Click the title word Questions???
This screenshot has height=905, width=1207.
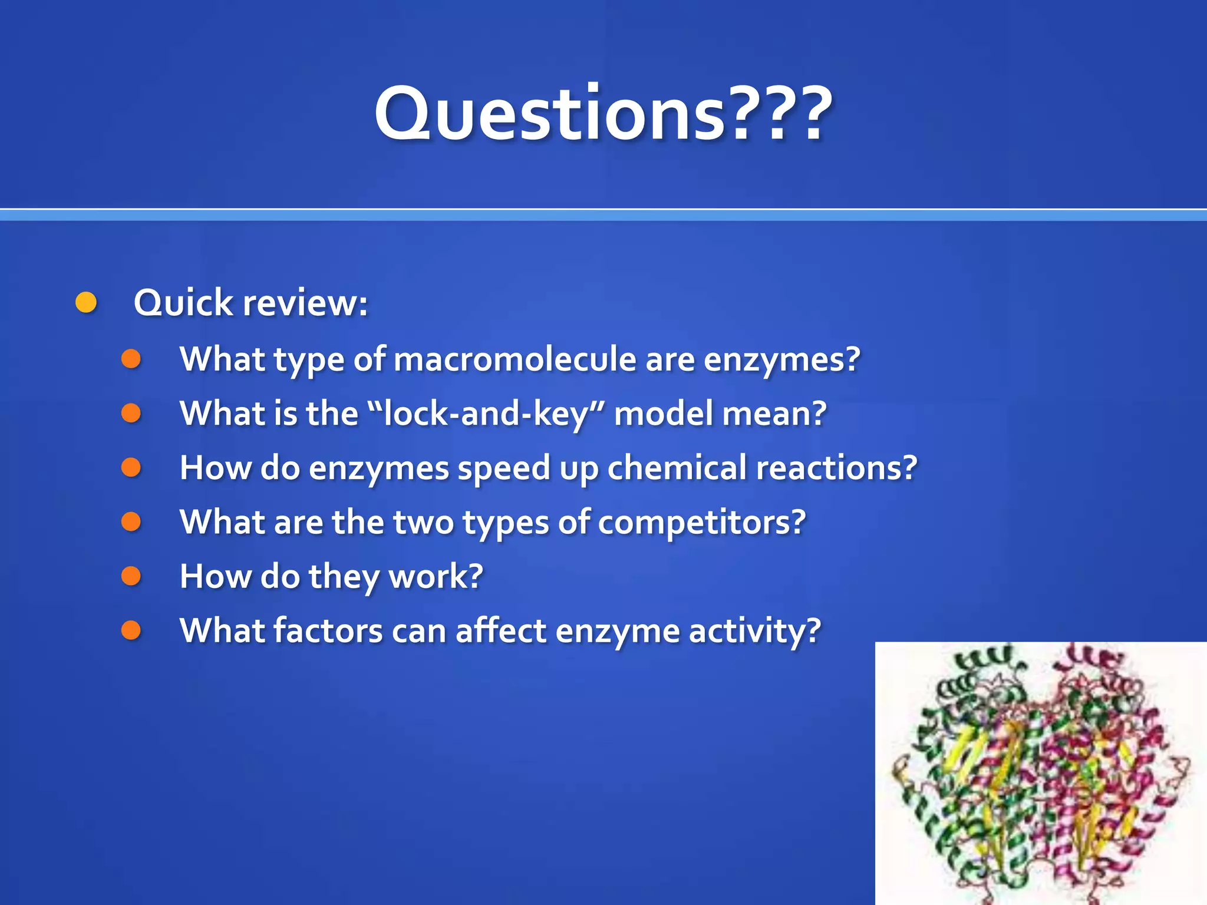603,113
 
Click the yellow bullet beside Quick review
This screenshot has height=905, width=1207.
86,302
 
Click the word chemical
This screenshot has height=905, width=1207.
677,468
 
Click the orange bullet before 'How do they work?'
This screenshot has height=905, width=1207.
131,576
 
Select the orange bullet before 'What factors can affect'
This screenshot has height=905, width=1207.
131,630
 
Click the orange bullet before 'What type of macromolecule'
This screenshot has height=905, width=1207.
131,359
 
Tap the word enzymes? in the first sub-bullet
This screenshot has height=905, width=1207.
781,359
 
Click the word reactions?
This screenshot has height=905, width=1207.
836,468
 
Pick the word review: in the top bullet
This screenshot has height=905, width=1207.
305,303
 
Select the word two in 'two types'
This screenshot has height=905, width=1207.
423,522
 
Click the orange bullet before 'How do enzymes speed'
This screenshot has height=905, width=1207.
131,467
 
